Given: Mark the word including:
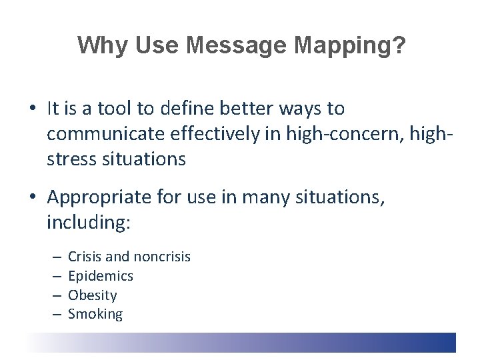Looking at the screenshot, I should pos(89,223).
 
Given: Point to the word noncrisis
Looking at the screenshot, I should pos(162,257).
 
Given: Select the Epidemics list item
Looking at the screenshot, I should pos(101,276).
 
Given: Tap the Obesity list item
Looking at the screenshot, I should pos(93,295).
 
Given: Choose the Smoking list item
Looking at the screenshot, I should pos(95,314).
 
